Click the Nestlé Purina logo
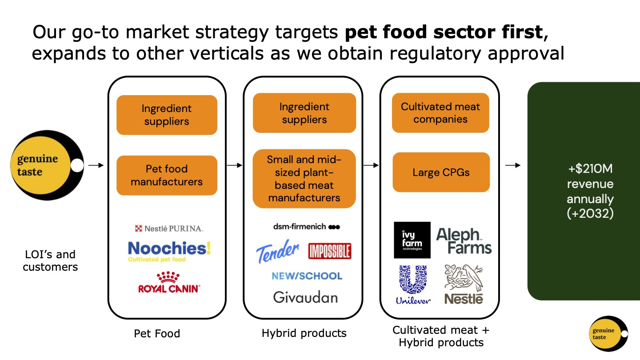(x=168, y=228)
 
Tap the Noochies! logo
(x=169, y=250)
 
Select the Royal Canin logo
(x=169, y=283)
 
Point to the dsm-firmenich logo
(x=306, y=227)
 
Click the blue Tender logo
(x=278, y=251)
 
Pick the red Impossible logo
(x=330, y=251)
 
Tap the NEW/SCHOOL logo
(x=307, y=276)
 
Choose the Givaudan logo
(x=305, y=297)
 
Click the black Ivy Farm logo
(x=412, y=240)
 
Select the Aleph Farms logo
(x=464, y=241)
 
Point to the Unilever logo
(x=413, y=285)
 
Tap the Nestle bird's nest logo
(x=464, y=284)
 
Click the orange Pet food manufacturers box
(x=167, y=175)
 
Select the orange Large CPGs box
(x=441, y=172)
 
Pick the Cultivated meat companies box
(x=440, y=113)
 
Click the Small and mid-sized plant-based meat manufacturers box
(x=304, y=179)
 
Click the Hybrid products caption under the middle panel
(x=304, y=333)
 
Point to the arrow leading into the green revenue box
(x=513, y=165)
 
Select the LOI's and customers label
(x=50, y=260)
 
